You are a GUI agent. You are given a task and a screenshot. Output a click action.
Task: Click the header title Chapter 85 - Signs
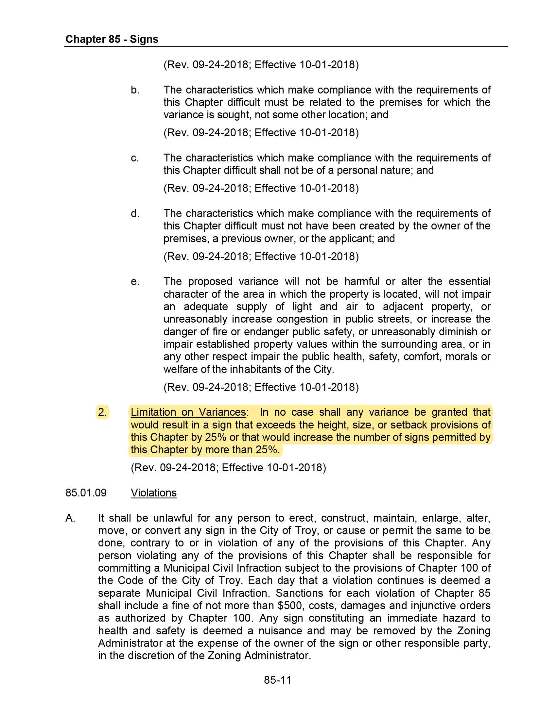click(x=112, y=39)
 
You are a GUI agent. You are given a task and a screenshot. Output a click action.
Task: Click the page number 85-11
click(x=278, y=680)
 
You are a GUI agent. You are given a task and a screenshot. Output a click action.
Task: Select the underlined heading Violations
click(x=153, y=493)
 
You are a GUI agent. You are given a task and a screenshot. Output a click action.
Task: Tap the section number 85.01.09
click(x=86, y=493)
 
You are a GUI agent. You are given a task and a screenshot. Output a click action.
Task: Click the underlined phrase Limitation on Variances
click(x=188, y=412)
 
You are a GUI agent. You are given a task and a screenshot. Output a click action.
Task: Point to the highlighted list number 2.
click(x=102, y=412)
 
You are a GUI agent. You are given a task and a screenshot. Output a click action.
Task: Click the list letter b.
click(x=135, y=90)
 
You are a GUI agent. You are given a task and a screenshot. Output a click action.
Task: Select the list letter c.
click(x=135, y=158)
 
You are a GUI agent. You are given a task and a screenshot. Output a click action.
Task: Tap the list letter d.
click(x=135, y=214)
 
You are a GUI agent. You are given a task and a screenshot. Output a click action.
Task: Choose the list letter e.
click(x=135, y=281)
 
